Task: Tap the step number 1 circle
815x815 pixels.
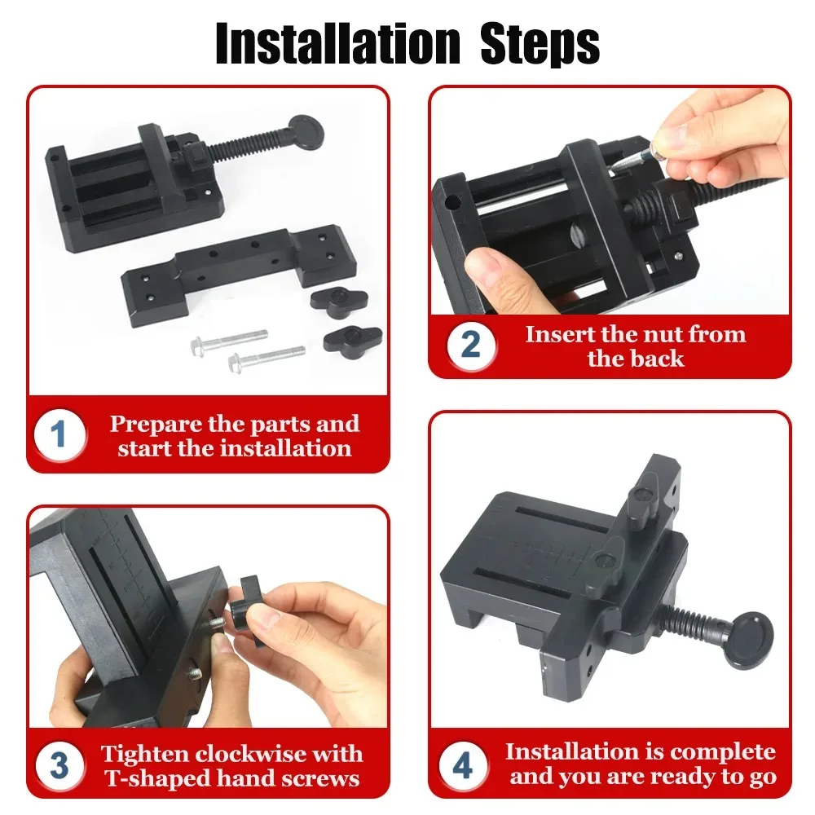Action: pyautogui.click(x=59, y=436)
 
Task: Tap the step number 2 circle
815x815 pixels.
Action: pyautogui.click(x=470, y=346)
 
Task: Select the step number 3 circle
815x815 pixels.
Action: pyautogui.click(x=59, y=767)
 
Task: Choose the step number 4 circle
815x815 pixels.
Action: pyautogui.click(x=462, y=767)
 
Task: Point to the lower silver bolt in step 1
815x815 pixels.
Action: pyautogui.click(x=267, y=356)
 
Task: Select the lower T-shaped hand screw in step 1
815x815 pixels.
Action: pyautogui.click(x=352, y=337)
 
